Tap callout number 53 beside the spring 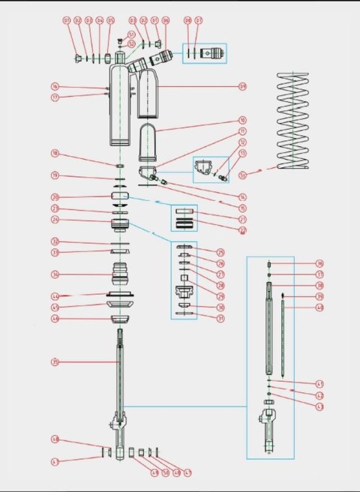[x=242, y=175]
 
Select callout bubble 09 [x=242, y=86]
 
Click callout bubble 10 [x=242, y=119]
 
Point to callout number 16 [x=55, y=86]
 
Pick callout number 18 [x=55, y=154]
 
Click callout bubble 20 [x=55, y=197]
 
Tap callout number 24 [x=55, y=220]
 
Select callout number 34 [x=55, y=274]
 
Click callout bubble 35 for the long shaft [x=55, y=362]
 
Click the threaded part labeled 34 [x=121, y=274]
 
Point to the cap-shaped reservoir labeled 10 [x=150, y=142]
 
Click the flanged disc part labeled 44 [x=121, y=295]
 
